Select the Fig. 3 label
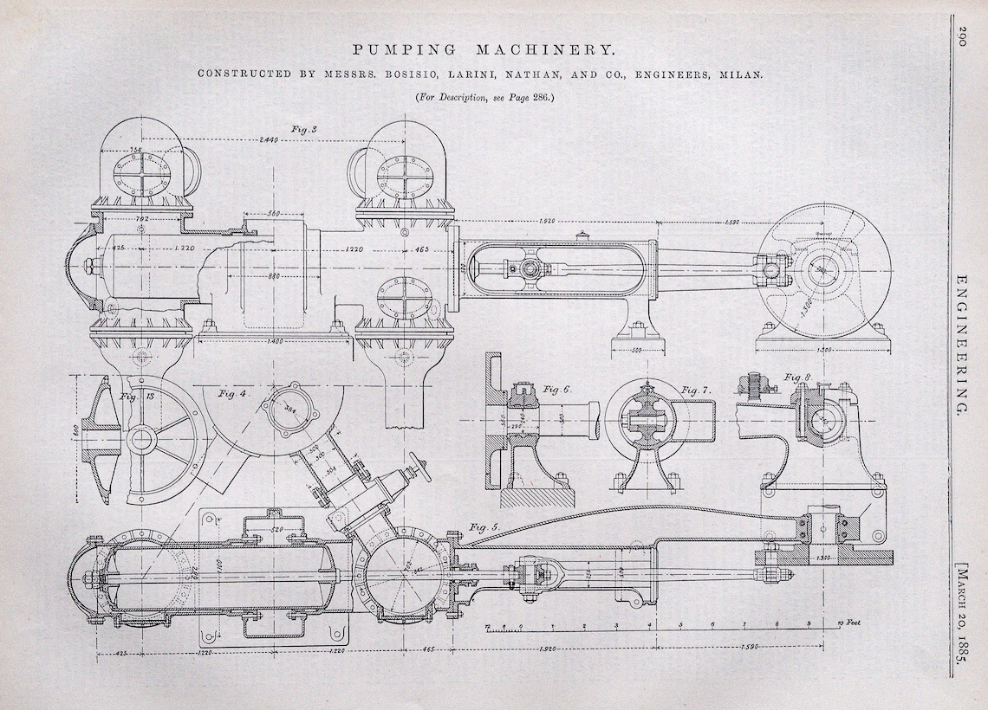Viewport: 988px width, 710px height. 304,130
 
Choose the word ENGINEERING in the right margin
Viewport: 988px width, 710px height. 963,346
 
